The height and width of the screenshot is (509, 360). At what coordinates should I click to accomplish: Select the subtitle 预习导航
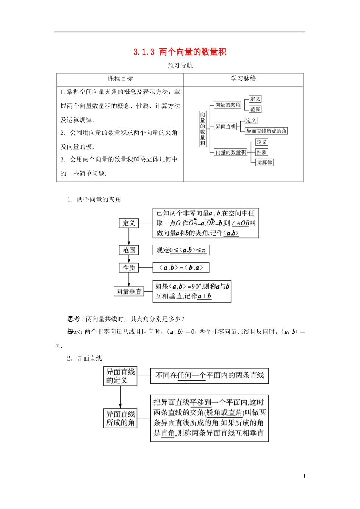pyautogui.click(x=180, y=66)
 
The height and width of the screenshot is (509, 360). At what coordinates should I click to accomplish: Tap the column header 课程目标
pyautogui.click(x=120, y=79)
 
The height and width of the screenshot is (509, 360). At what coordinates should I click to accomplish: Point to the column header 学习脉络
pyautogui.click(x=243, y=79)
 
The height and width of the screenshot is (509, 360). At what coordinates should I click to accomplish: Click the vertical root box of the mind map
pyautogui.click(x=203, y=129)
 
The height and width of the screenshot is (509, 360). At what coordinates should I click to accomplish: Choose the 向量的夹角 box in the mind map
pyautogui.click(x=227, y=105)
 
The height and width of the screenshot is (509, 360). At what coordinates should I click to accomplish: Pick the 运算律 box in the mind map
pyautogui.click(x=265, y=162)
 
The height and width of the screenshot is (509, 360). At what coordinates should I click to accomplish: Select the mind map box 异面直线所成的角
pyautogui.click(x=266, y=131)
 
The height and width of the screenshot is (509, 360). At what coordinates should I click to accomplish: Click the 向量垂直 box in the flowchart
pyautogui.click(x=129, y=291)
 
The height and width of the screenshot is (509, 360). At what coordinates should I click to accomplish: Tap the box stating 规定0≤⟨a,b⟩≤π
pyautogui.click(x=181, y=250)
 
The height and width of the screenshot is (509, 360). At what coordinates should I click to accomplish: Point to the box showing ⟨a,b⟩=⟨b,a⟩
pyautogui.click(x=181, y=268)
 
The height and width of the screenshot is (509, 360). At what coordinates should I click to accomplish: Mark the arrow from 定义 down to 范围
pyautogui.click(x=129, y=236)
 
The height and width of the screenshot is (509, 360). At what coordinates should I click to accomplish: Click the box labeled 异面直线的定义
pyautogui.click(x=120, y=376)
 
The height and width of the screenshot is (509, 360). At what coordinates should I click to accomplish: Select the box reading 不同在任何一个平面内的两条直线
pyautogui.click(x=210, y=376)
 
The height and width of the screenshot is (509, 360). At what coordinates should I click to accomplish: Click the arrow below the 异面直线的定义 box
pyautogui.click(x=120, y=397)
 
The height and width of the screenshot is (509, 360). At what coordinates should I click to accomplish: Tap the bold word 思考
pyautogui.click(x=74, y=319)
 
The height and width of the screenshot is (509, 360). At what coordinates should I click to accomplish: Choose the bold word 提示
pyautogui.click(x=75, y=332)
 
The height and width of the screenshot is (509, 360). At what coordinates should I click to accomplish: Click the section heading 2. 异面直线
pyautogui.click(x=85, y=358)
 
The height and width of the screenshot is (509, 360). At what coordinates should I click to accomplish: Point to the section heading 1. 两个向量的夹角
pyautogui.click(x=94, y=200)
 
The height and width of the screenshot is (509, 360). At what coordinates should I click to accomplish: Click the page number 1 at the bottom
pyautogui.click(x=304, y=476)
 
